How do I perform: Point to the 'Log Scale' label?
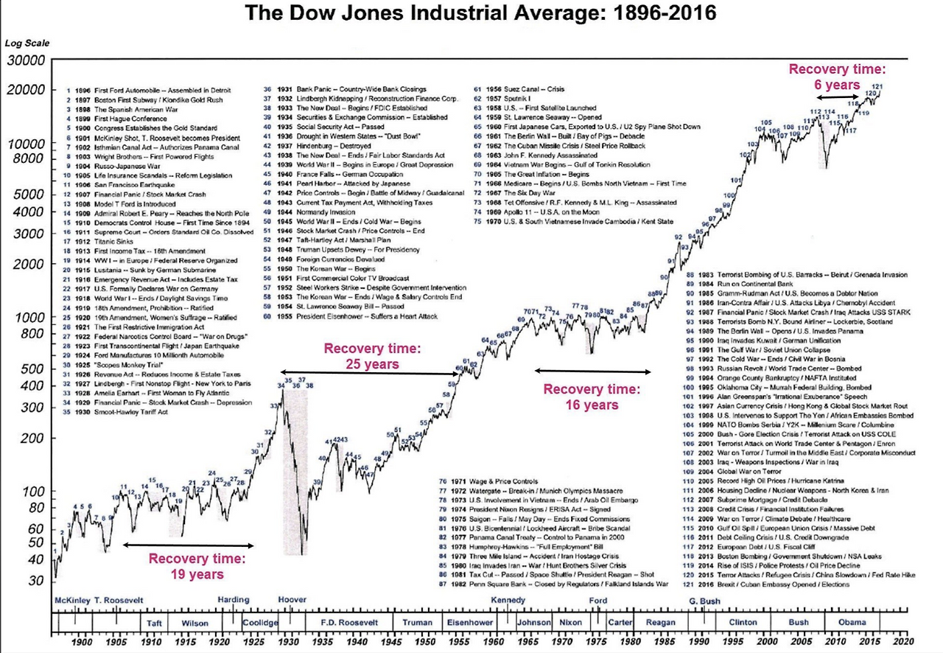click(27, 43)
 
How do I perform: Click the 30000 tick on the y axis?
click(27, 60)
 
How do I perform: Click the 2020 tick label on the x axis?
click(901, 641)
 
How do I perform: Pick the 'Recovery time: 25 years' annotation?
click(372, 356)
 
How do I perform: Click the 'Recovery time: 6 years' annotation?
click(836, 76)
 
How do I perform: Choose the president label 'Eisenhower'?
click(470, 622)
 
